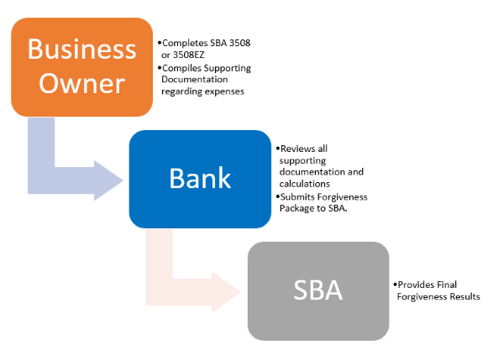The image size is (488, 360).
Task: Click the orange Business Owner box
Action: click(81, 67)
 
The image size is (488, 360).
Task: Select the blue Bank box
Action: click(200, 179)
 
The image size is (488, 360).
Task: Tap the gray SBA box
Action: click(318, 291)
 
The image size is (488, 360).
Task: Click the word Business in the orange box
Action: click(81, 50)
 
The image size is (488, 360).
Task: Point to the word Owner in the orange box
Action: click(81, 83)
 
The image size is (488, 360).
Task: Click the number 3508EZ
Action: click(189, 55)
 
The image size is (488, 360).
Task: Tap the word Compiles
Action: click(181, 68)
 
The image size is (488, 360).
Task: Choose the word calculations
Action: click(304, 184)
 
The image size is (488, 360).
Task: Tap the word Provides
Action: click(416, 284)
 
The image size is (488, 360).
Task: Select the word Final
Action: click(447, 284)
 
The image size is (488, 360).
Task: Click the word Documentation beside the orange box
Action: click(195, 80)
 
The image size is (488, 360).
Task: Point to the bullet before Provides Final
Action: click(396, 284)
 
